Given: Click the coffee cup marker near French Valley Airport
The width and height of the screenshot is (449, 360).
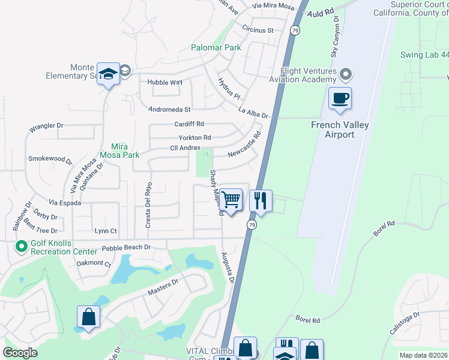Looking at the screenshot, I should (x=340, y=98).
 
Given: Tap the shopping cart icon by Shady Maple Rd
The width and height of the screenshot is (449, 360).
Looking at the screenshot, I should (x=231, y=200).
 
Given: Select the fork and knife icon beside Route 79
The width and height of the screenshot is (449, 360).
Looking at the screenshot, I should (x=261, y=200).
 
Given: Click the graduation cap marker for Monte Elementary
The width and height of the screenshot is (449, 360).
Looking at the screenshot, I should (x=108, y=74).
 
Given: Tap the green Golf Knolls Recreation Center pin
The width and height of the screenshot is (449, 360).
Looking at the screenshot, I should (x=22, y=247).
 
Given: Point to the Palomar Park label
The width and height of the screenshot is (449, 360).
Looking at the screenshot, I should (x=215, y=47).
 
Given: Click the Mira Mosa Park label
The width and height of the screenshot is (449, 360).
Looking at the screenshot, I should (x=125, y=151).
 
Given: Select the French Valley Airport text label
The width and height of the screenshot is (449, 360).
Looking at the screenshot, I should (x=340, y=130).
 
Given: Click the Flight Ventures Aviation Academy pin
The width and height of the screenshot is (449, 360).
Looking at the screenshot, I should (x=345, y=75).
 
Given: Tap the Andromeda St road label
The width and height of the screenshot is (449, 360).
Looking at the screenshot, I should (x=170, y=110).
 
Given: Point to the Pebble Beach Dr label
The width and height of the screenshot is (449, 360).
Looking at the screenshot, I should (x=125, y=247).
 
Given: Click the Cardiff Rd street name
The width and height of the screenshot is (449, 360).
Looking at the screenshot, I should (x=189, y=124).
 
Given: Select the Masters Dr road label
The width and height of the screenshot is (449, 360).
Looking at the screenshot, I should (x=163, y=287).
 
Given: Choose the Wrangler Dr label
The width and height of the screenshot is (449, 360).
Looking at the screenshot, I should (x=46, y=127).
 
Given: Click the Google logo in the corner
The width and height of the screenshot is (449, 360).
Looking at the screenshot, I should (x=20, y=353).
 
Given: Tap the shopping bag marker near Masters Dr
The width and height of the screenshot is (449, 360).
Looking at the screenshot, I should (x=88, y=317).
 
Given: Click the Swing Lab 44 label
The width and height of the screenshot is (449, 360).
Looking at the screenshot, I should (x=424, y=55).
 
